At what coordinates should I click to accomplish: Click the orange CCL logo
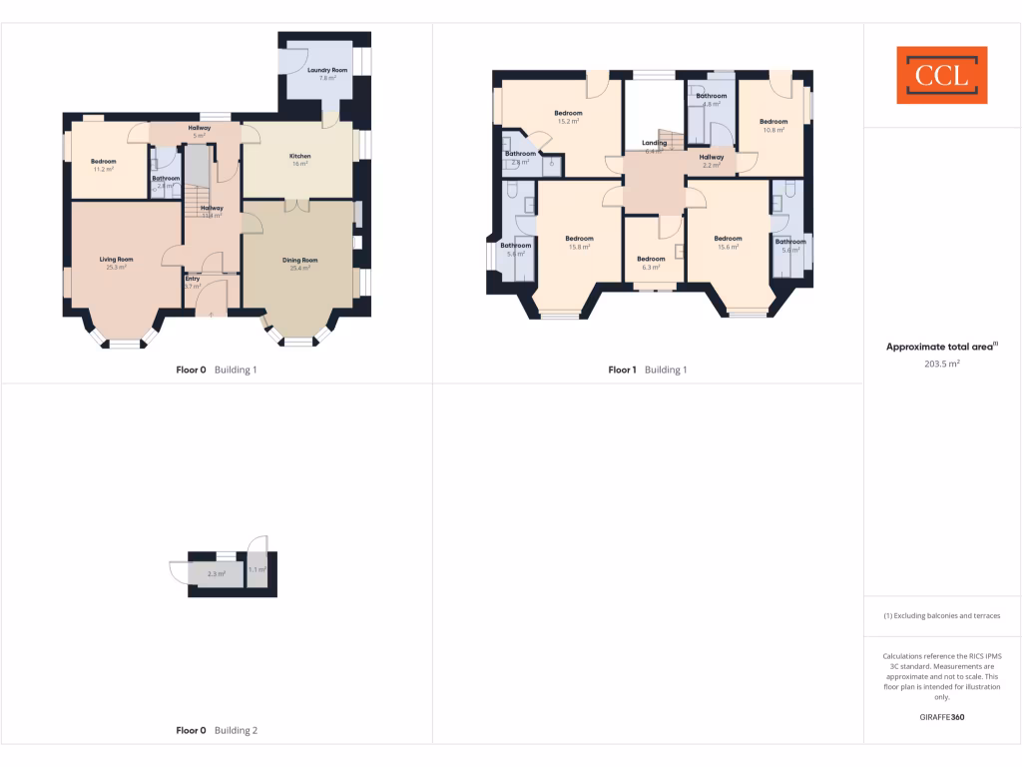click(x=941, y=75)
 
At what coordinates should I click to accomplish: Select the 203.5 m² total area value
click(x=942, y=365)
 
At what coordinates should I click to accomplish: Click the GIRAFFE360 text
click(x=942, y=717)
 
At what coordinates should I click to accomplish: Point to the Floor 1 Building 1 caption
click(x=647, y=370)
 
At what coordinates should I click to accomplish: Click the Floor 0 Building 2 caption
click(x=217, y=730)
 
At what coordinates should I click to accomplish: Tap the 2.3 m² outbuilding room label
click(x=216, y=573)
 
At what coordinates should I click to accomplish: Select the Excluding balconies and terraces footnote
click(x=942, y=616)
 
